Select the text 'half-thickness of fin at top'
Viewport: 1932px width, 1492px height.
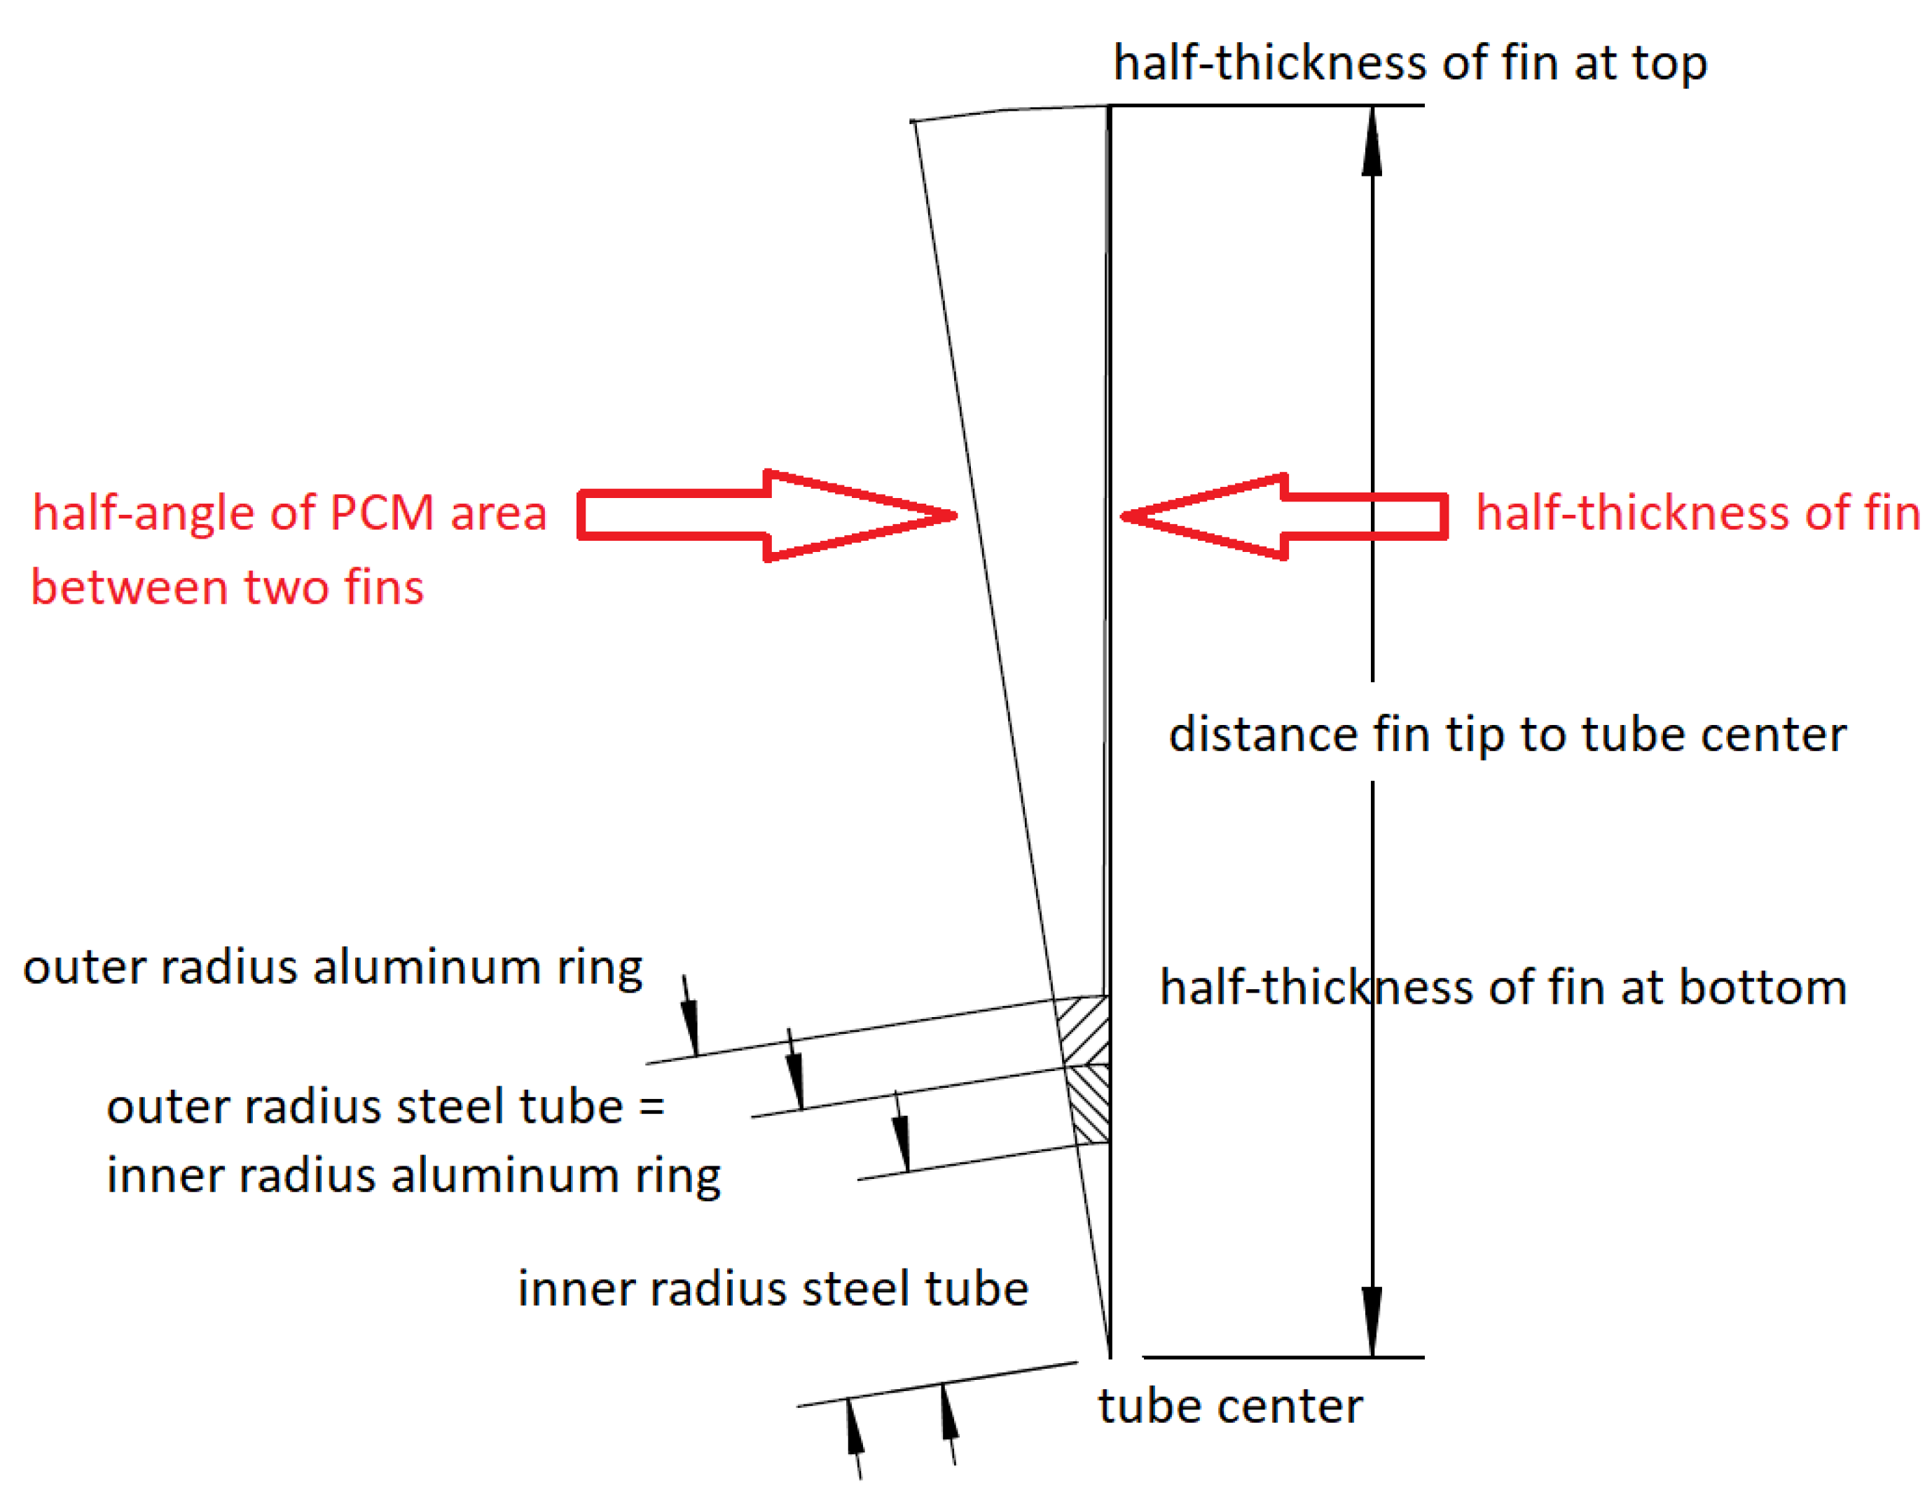pyautogui.click(x=1409, y=64)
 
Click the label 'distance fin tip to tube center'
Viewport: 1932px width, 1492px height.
pyautogui.click(x=1507, y=735)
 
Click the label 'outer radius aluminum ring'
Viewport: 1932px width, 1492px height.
pyautogui.click(x=333, y=967)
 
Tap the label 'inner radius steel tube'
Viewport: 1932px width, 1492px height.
pyautogui.click(x=772, y=1289)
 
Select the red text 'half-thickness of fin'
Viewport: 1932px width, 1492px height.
pyautogui.click(x=1697, y=513)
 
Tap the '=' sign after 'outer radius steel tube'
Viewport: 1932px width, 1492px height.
pyautogui.click(x=652, y=1107)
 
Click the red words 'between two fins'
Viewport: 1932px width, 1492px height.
pyautogui.click(x=228, y=587)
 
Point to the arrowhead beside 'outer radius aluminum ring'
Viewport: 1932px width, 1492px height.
pyautogui.click(x=690, y=1026)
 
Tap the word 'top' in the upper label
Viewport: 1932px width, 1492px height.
pyautogui.click(x=1669, y=64)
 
